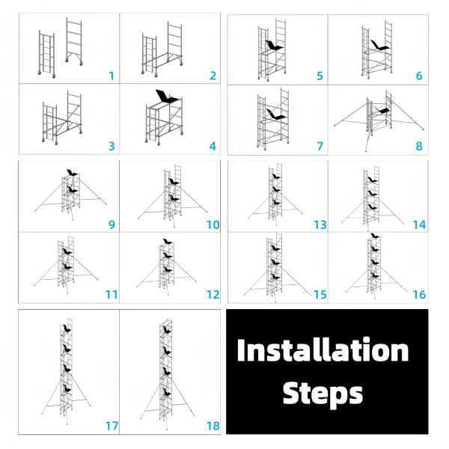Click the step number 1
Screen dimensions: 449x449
tap(111, 76)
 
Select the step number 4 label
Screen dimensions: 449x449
tap(213, 146)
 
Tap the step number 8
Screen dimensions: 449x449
tap(419, 147)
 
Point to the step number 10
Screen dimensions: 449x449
tap(213, 224)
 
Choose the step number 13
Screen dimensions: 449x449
tap(320, 224)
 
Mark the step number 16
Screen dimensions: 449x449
tap(419, 295)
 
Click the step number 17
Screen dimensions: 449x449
tap(112, 426)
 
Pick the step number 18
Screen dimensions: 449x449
tap(213, 426)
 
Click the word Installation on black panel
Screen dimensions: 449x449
tap(323, 351)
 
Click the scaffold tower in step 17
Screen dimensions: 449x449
tap(67, 374)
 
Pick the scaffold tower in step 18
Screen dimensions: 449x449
tap(166, 374)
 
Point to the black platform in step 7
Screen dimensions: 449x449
tap(277, 114)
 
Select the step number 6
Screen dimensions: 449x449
tap(419, 76)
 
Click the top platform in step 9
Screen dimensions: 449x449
tap(71, 174)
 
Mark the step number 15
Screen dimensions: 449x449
tap(320, 295)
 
